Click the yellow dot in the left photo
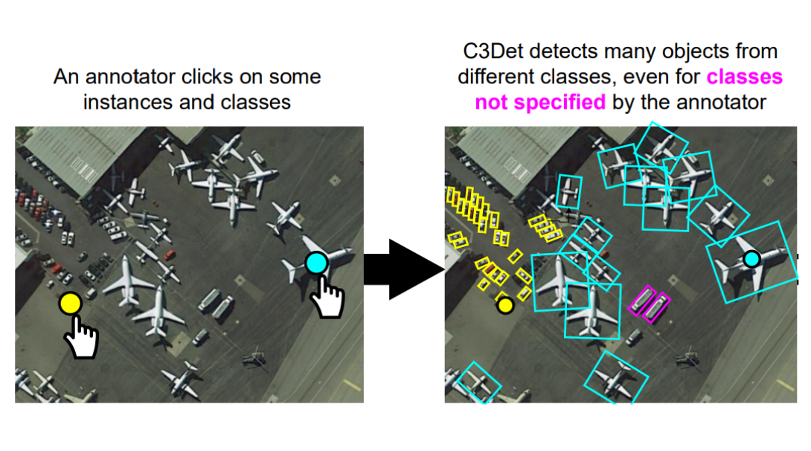pos(70,304)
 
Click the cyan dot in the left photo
pos(316,263)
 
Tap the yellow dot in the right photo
pos(505,304)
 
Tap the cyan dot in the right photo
pos(751,258)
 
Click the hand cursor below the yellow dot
pos(82,339)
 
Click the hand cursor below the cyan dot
pos(327,297)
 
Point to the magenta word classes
pos(745,77)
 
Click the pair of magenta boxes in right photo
pos(650,304)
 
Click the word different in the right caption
pos(496,77)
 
